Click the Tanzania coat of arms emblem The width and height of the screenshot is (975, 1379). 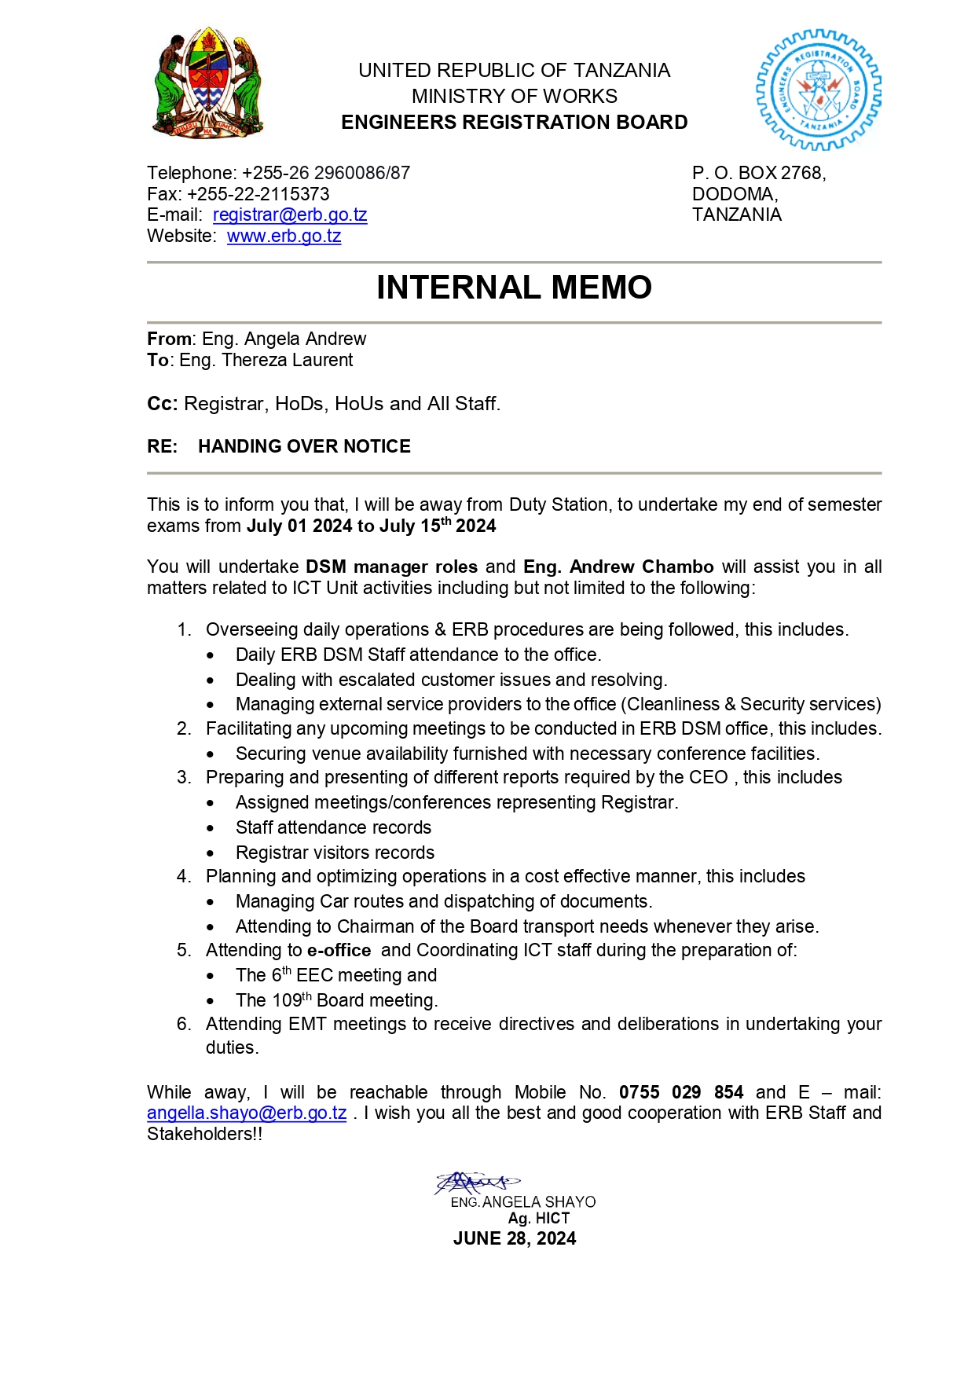[x=207, y=83]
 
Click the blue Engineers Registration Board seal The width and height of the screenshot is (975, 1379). [x=818, y=90]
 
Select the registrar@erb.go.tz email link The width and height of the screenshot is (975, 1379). [x=290, y=215]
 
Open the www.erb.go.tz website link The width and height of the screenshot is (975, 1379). [x=284, y=237]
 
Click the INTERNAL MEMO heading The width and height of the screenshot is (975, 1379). [x=514, y=288]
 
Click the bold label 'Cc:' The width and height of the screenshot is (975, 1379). [x=162, y=404]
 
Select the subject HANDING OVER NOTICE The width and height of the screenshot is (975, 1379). [x=304, y=446]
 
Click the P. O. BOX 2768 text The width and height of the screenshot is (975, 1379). [x=758, y=173]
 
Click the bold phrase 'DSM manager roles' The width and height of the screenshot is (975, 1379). [x=391, y=567]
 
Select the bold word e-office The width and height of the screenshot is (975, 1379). [x=339, y=951]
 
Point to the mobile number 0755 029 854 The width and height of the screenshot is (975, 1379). [x=680, y=1092]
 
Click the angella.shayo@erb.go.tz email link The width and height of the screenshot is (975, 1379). [x=247, y=1113]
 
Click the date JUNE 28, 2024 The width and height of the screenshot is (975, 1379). [x=515, y=1239]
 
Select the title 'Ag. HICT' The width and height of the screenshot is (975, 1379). [x=538, y=1219]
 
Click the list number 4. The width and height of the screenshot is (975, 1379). [x=184, y=877]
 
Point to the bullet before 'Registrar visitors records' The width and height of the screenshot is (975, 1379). [x=211, y=853]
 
